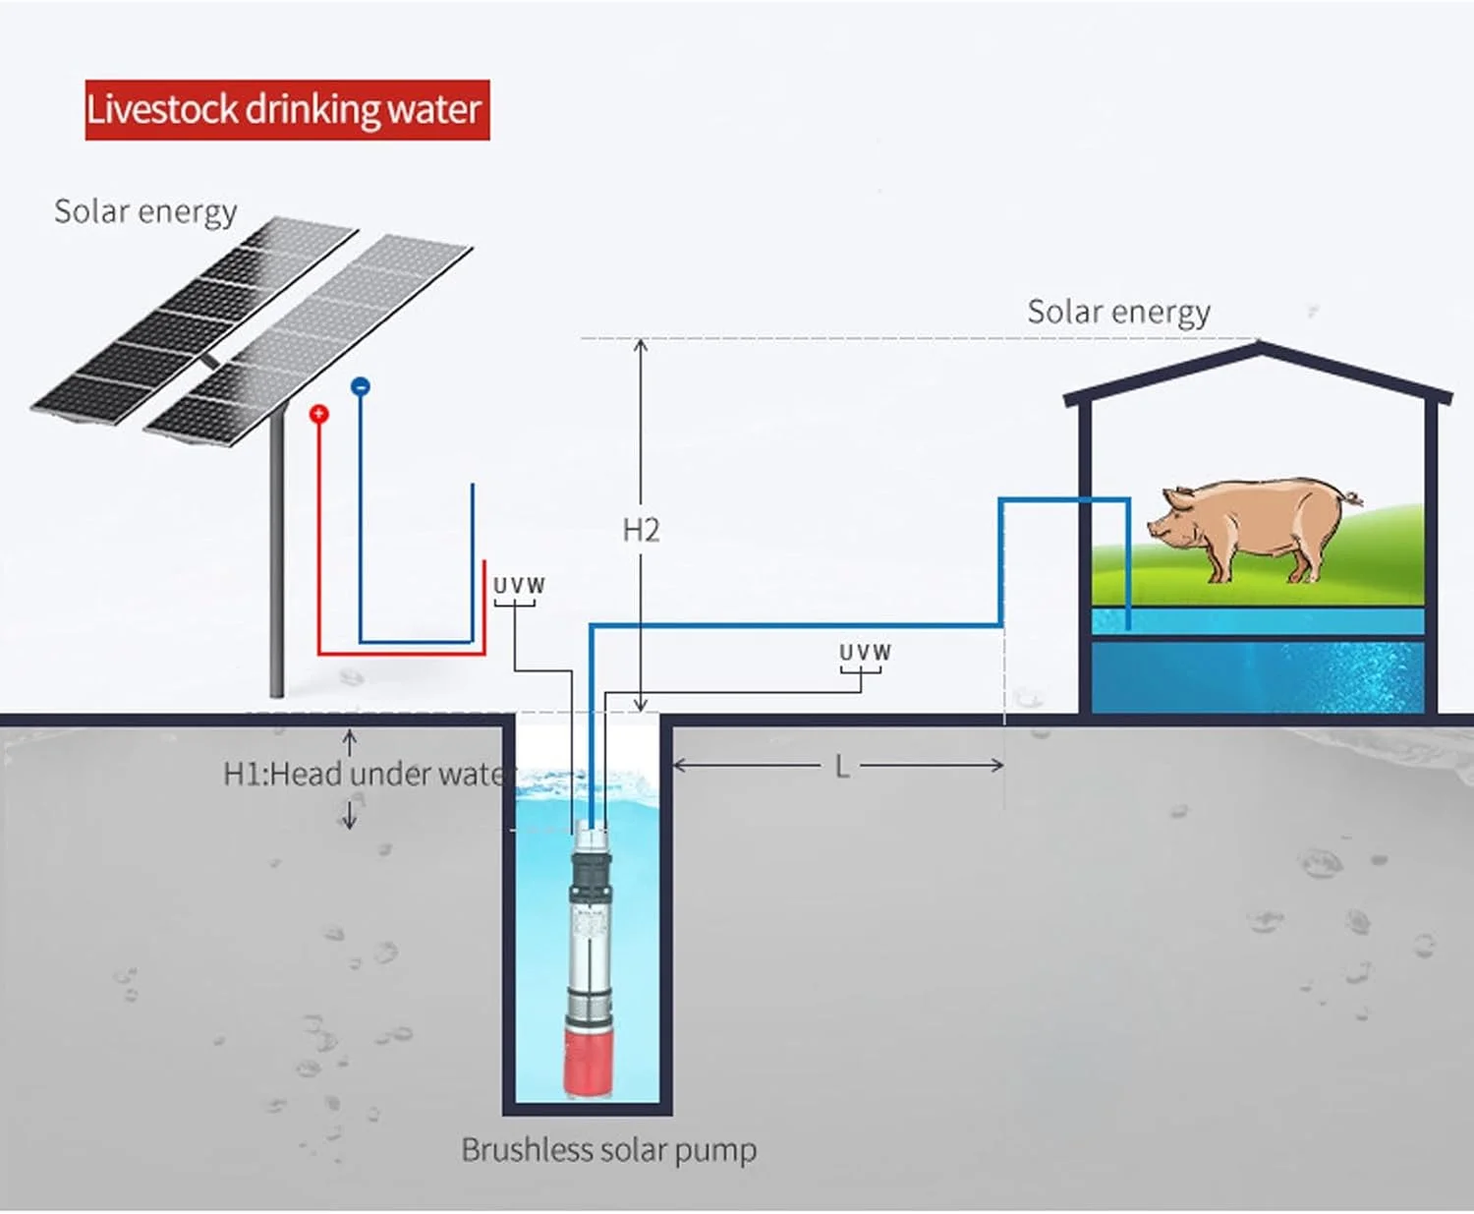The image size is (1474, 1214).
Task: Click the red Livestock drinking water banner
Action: tap(287, 109)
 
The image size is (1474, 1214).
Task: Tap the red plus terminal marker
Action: tap(318, 414)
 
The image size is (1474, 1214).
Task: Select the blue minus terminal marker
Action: tap(361, 386)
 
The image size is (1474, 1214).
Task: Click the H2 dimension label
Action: tap(641, 531)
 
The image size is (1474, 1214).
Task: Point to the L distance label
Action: tap(842, 767)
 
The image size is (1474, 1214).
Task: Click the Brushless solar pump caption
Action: tap(608, 1150)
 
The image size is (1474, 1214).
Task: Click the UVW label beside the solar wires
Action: tap(519, 586)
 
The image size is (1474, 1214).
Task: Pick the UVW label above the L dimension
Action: tap(865, 653)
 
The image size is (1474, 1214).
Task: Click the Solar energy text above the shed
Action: tap(1118, 312)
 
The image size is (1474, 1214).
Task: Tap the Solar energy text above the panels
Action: tap(145, 211)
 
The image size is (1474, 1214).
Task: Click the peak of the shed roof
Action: tap(1259, 346)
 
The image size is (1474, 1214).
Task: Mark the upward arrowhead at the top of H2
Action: tap(641, 344)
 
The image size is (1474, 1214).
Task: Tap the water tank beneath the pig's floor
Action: tap(1258, 676)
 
